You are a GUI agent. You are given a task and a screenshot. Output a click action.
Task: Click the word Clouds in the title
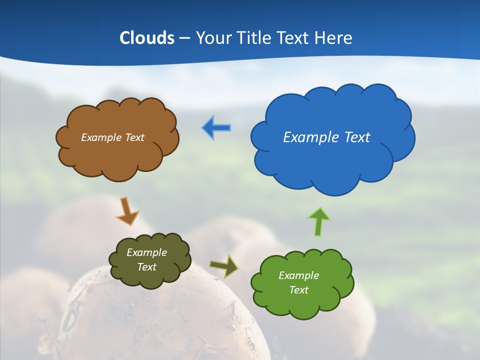coord(147,38)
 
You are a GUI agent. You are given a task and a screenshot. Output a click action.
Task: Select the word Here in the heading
coord(334,38)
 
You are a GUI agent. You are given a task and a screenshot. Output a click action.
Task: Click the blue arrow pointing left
coord(216,128)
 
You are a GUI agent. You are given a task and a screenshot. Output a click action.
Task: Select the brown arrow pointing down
coord(127,210)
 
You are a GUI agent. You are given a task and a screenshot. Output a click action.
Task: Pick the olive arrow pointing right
coord(224,266)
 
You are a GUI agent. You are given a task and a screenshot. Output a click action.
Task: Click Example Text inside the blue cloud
coord(326,137)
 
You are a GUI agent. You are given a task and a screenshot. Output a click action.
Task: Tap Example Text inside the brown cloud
coord(112,137)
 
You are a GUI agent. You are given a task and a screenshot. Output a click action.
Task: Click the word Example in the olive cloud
coord(146,252)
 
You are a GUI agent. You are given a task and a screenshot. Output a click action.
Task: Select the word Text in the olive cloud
coord(146,267)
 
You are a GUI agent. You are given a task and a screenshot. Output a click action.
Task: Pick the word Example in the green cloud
coord(298,275)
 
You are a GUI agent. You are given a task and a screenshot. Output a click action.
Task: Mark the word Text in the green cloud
coord(298,290)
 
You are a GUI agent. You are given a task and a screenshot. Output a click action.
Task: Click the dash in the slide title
coord(184,38)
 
